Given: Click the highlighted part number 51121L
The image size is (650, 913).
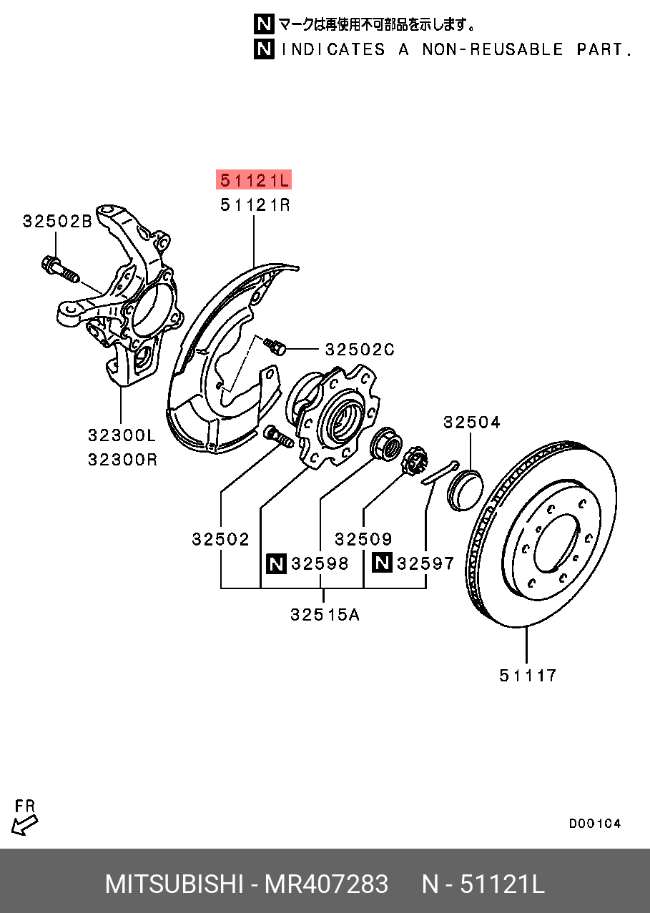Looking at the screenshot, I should pos(255,179).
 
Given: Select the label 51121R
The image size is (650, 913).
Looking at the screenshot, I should pos(255,206).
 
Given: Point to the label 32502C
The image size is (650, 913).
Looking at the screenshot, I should pos(360,350).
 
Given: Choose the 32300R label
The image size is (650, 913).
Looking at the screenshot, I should pos(122,459).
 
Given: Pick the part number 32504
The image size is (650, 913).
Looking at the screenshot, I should pos(471,423).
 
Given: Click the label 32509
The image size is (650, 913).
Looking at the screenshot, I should pos(363,539).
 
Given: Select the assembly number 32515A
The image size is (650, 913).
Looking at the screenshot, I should pos(325,614).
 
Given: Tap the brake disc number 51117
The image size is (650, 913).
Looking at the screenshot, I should pos(528,675).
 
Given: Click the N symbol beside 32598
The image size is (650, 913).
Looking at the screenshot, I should pos(276,563).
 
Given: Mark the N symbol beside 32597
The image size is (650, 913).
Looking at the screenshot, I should pos(382,563).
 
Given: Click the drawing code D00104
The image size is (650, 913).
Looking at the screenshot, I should pos(595,824).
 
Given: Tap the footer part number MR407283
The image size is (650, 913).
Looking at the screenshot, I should pos(327,884).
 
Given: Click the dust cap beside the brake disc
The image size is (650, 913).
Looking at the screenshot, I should pos(465,489).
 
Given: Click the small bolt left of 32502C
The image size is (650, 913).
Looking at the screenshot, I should pos(275,346).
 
